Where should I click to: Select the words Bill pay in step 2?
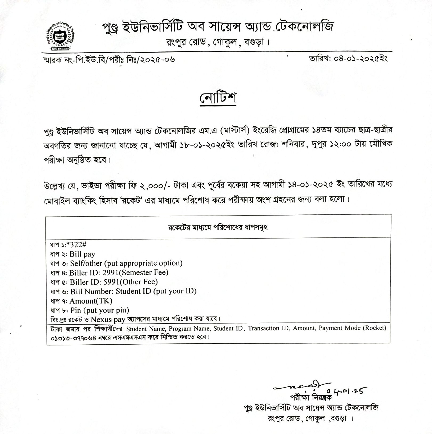(x=82, y=254)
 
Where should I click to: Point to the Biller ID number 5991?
(x=111, y=282)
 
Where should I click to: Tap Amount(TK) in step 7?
(x=91, y=301)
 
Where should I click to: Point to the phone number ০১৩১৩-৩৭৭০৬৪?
(x=75, y=337)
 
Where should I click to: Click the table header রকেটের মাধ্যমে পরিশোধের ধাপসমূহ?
(x=218, y=227)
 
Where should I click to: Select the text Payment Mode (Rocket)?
(x=352, y=328)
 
